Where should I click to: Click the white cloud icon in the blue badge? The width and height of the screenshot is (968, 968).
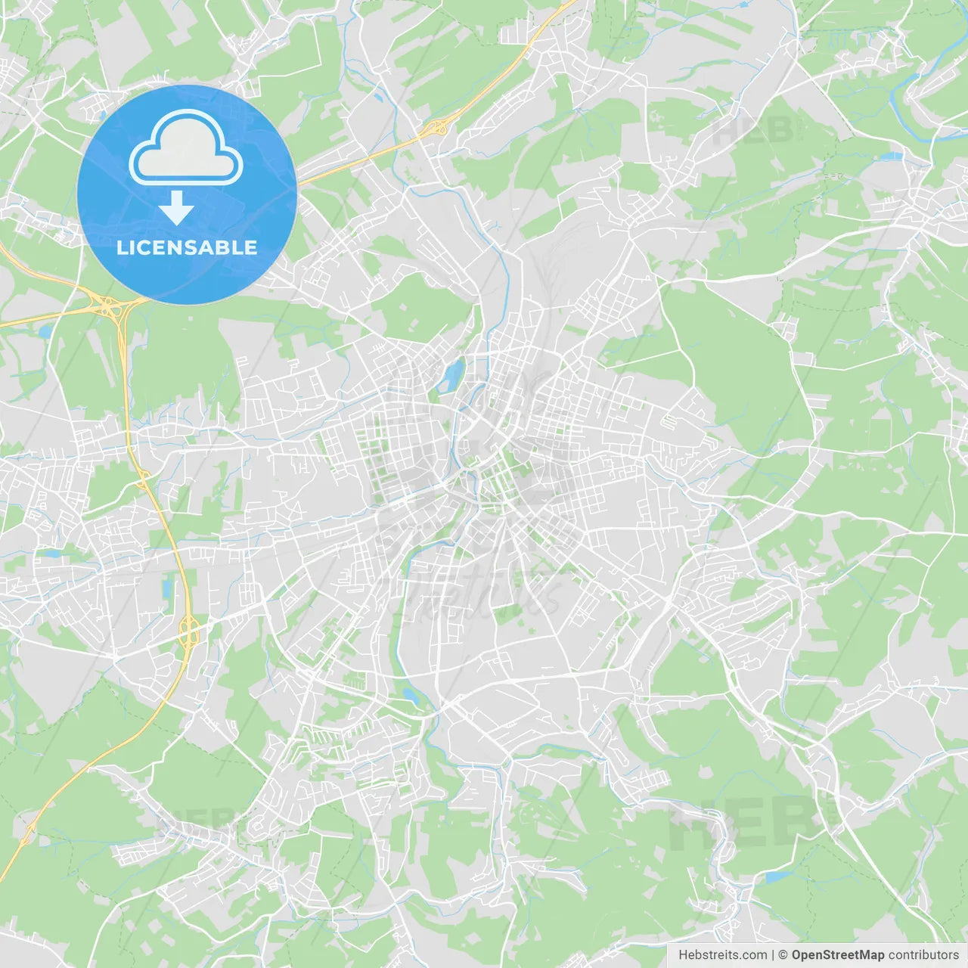click(186, 147)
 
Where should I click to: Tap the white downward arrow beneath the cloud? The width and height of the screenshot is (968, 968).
click(176, 208)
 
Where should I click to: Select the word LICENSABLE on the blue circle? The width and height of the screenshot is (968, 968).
click(187, 247)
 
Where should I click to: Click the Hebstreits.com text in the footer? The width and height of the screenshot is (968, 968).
click(722, 955)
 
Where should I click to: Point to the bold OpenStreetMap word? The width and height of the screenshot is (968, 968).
click(837, 955)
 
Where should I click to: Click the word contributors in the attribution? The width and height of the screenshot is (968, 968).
click(923, 955)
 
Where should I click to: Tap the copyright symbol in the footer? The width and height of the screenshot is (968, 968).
click(783, 955)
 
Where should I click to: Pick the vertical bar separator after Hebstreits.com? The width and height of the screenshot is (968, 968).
click(773, 955)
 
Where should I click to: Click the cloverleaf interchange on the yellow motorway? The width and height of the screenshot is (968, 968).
click(110, 307)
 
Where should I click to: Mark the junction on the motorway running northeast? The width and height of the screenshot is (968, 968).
click(436, 128)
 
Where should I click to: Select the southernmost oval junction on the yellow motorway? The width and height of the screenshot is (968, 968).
click(189, 629)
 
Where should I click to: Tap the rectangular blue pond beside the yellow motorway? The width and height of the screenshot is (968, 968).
click(166, 587)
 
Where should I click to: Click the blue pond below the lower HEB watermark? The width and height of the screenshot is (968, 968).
click(773, 877)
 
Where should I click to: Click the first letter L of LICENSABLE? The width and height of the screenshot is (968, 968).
click(122, 247)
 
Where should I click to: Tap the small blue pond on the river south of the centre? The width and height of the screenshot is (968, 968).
click(410, 695)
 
